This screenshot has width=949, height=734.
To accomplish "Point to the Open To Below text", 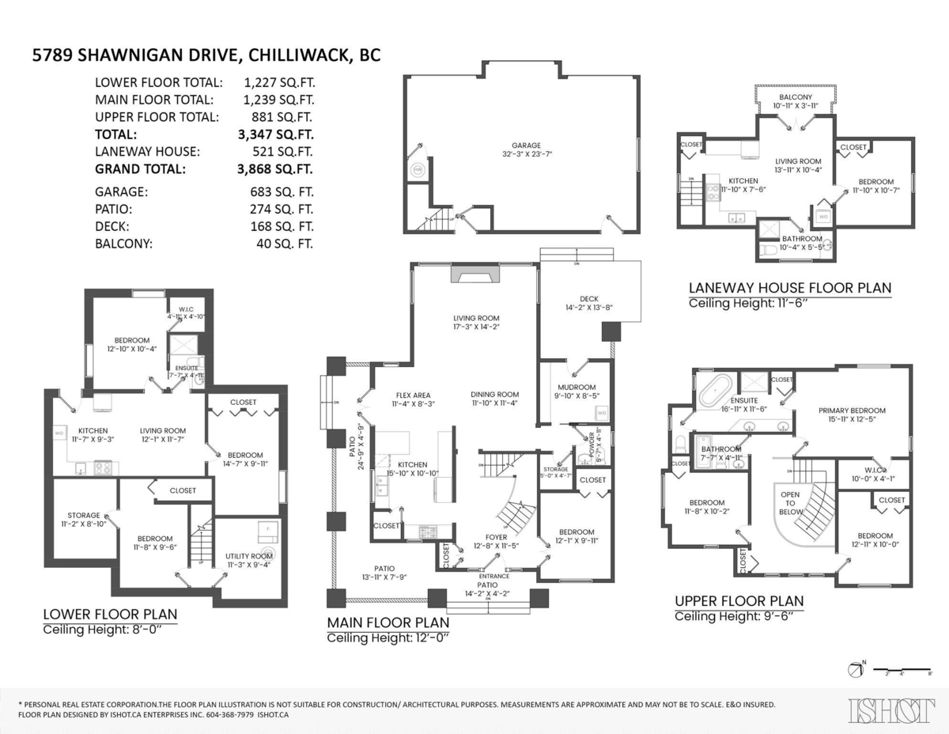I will click(790, 503).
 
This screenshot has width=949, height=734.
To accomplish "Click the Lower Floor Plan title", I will click(110, 615).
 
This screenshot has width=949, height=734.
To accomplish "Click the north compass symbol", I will click(855, 670).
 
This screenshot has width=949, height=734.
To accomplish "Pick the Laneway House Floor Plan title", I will click(789, 288).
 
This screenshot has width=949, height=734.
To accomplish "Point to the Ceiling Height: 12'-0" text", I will click(388, 638).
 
